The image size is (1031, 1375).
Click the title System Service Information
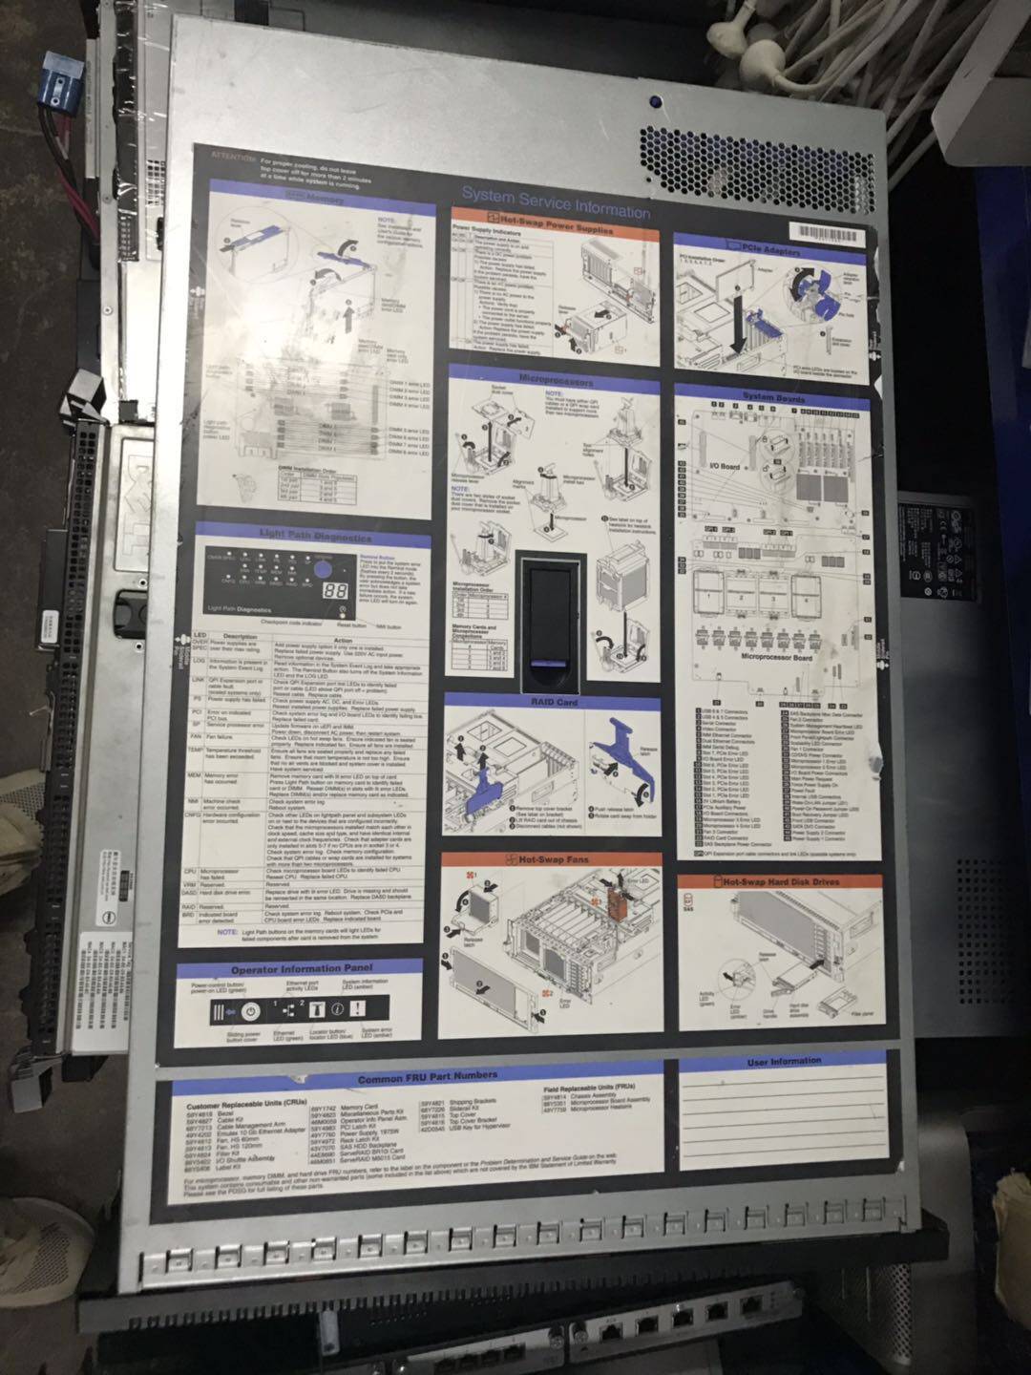556,202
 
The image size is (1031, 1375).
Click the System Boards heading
773,395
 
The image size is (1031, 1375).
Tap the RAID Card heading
554,703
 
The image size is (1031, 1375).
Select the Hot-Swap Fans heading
554,859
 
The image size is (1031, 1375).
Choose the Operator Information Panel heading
300,969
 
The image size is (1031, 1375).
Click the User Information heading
783,1062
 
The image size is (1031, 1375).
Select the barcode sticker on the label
828,234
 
